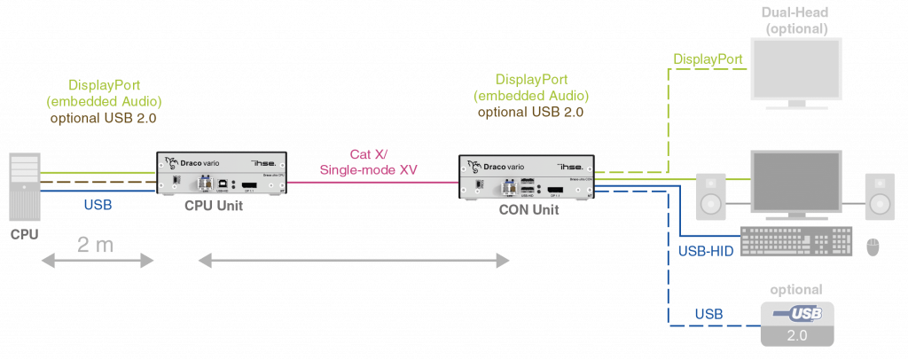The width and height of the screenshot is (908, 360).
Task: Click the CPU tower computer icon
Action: pos(24,187)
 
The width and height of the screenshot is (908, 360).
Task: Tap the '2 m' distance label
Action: pos(96,245)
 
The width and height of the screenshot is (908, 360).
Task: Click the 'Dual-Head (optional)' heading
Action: pos(796,20)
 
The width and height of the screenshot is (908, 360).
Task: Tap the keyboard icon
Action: pos(794,241)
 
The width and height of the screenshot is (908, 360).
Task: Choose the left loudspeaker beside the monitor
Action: pos(711,196)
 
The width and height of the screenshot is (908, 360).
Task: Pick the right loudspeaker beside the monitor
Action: pos(880,196)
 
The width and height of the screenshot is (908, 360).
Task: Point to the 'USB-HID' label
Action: pos(705,252)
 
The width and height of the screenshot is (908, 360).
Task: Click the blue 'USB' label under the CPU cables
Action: pos(98,205)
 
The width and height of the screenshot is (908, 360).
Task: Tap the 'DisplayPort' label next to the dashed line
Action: pos(707,59)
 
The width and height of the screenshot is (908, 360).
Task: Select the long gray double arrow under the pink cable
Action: pos(354,261)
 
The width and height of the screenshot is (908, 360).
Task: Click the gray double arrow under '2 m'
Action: pos(97,261)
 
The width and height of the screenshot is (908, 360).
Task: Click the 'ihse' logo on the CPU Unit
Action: pos(265,164)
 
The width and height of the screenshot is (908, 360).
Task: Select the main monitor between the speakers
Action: pos(794,182)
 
